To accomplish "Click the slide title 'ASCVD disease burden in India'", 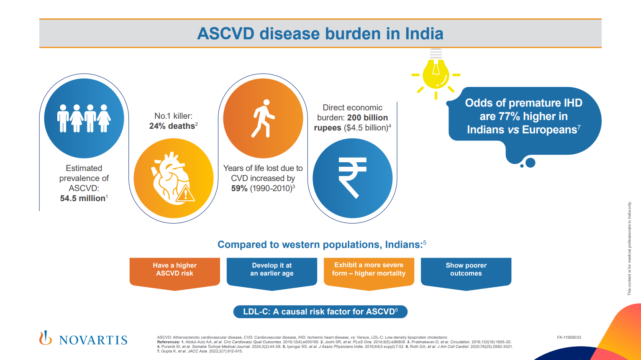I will pyautogui.click(x=320, y=33).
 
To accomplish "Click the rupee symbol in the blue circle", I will pyautogui.click(x=352, y=178).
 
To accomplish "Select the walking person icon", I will pyautogui.click(x=263, y=119).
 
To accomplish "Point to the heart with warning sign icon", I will pyautogui.click(x=173, y=178).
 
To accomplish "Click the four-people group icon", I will pyautogui.click(x=84, y=118).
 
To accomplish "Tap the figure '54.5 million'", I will pyautogui.click(x=82, y=198).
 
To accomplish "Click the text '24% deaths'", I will pyautogui.click(x=172, y=126).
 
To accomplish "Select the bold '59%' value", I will pyautogui.click(x=239, y=188).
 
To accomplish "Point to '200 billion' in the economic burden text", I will pyautogui.click(x=367, y=117).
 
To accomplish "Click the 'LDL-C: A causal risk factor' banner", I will pyautogui.click(x=320, y=311).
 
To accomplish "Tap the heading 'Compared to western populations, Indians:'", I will pyautogui.click(x=320, y=245).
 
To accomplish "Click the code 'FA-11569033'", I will pyautogui.click(x=569, y=337).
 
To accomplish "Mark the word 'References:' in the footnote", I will pyautogui.click(x=168, y=342).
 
